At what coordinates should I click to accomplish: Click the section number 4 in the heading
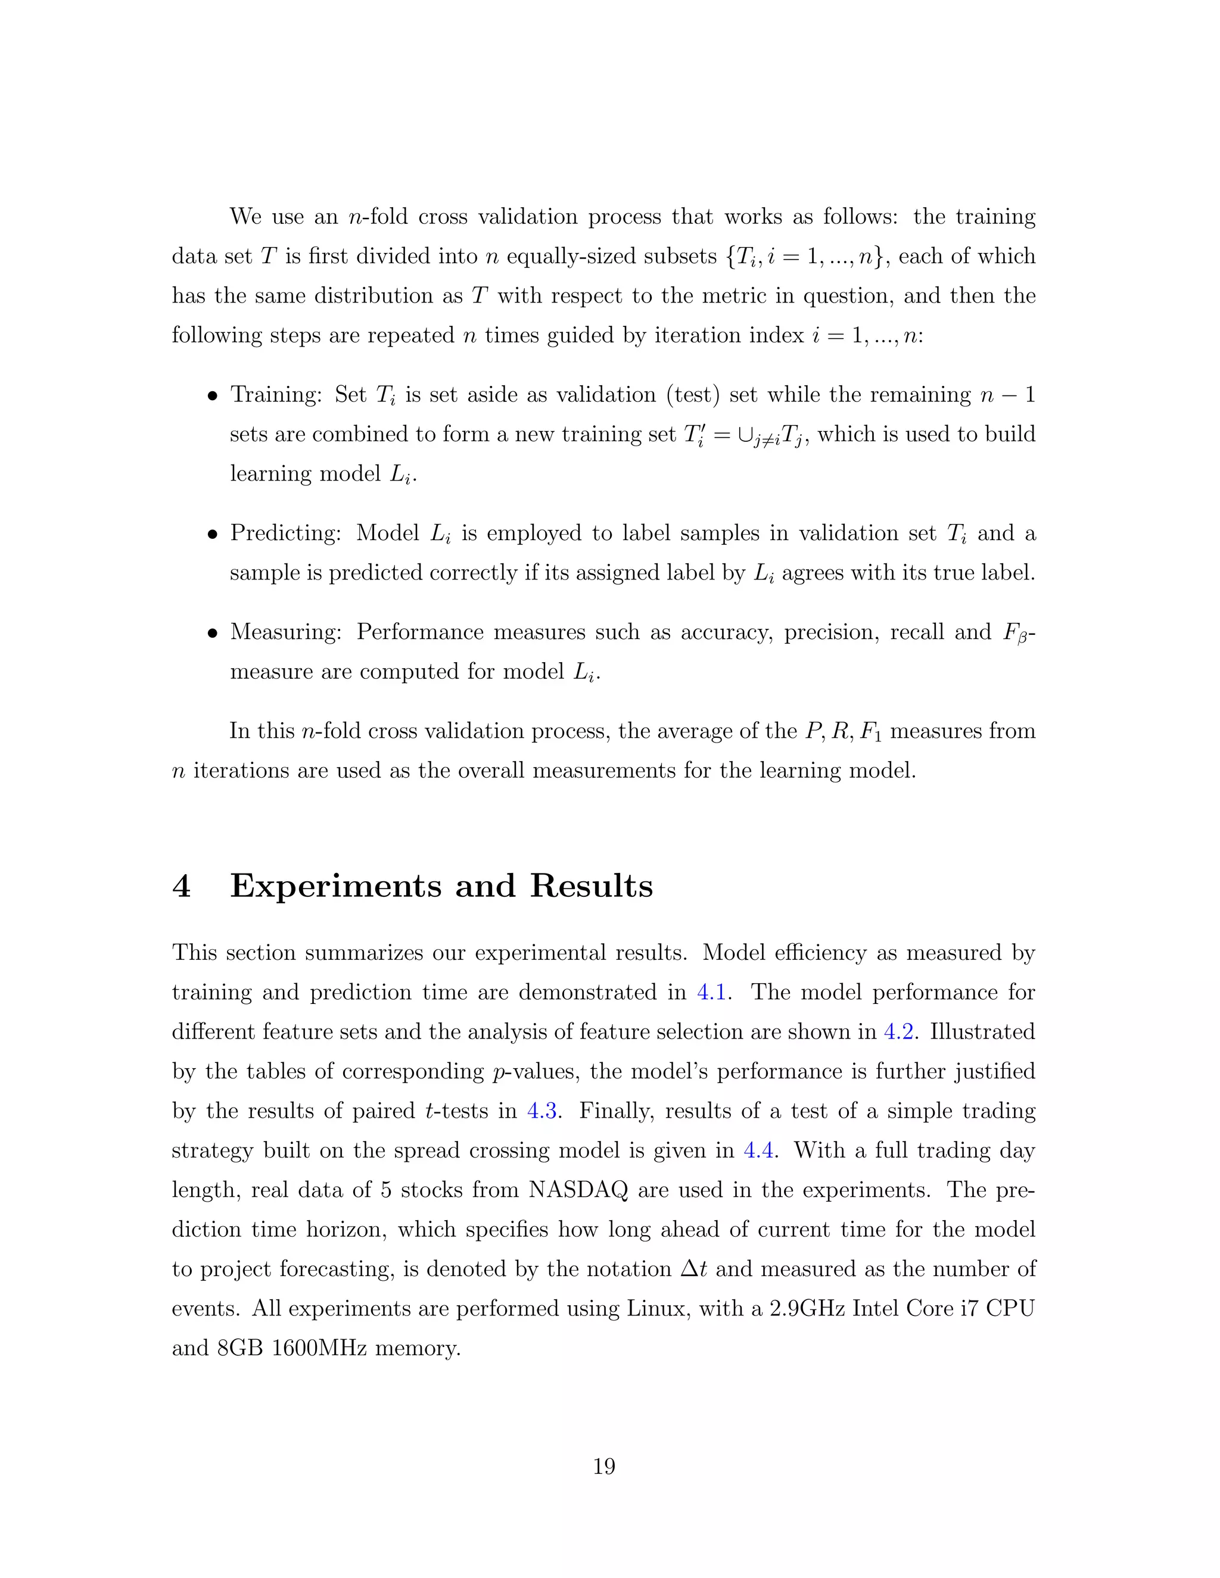[x=182, y=887]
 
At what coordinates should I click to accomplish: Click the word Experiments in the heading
[x=335, y=887]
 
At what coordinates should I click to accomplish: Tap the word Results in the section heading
[x=591, y=887]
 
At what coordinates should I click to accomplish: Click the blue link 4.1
[x=711, y=992]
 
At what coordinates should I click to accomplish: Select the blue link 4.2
[x=899, y=1032]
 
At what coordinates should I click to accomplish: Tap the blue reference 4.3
[x=541, y=1111]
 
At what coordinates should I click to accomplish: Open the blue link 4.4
[x=758, y=1150]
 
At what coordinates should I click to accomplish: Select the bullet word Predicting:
[x=285, y=533]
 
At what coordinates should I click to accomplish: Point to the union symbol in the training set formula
[x=739, y=435]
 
